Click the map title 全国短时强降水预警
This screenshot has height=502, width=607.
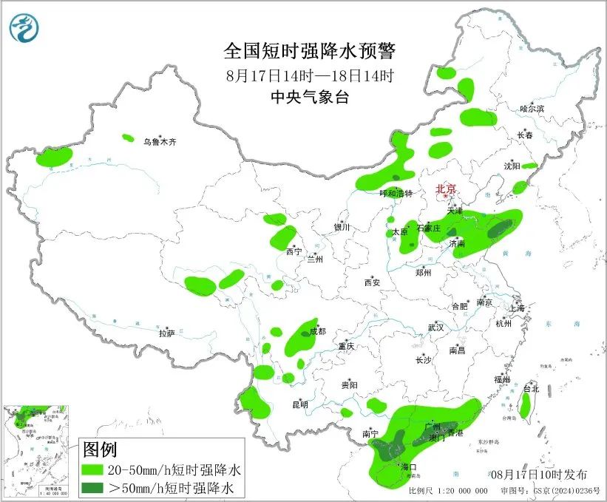(310, 51)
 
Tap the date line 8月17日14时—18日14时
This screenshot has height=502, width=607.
(310, 75)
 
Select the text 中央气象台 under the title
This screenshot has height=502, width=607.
(310, 97)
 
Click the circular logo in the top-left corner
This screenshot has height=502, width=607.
(24, 28)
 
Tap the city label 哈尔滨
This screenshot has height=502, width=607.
(532, 109)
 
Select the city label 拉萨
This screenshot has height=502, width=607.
(166, 333)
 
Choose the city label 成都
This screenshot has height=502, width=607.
(318, 332)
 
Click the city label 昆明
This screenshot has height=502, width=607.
(299, 404)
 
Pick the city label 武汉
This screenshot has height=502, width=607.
(435, 327)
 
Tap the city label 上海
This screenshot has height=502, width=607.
(517, 308)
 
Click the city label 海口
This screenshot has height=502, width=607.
(408, 467)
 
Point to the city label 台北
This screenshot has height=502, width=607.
(531, 388)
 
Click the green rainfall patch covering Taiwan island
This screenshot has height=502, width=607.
(526, 405)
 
